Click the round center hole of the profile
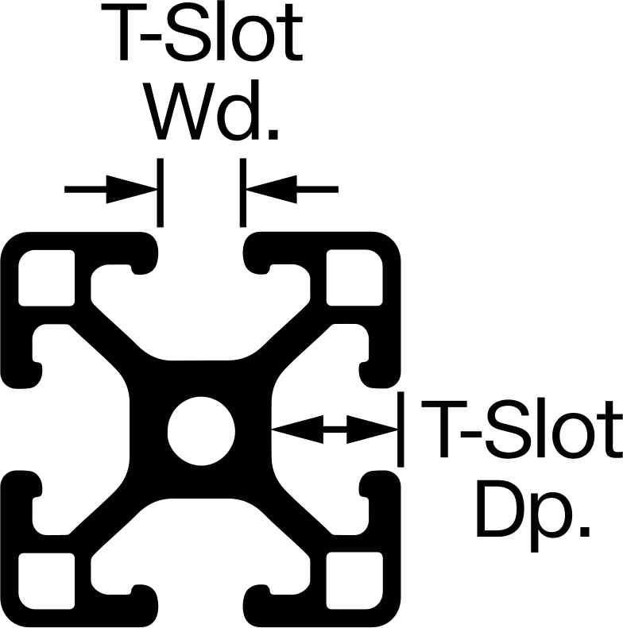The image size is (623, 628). pyautogui.click(x=201, y=431)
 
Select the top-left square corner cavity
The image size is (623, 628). pyautogui.click(x=47, y=278)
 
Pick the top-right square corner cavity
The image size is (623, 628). pyautogui.click(x=354, y=278)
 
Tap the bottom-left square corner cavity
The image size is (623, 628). pyautogui.click(x=47, y=580)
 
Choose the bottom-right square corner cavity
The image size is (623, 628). pyautogui.click(x=354, y=580)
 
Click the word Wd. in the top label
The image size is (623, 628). pyautogui.click(x=211, y=110)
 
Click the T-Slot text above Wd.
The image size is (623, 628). pyautogui.click(x=202, y=32)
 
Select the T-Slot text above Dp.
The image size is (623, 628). pyautogui.click(x=522, y=428)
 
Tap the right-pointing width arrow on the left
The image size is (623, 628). pyautogui.click(x=110, y=190)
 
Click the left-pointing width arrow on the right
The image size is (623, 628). pyautogui.click(x=292, y=190)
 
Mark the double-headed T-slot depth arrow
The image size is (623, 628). pyautogui.click(x=335, y=430)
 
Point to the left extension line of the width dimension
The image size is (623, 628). pyautogui.click(x=161, y=193)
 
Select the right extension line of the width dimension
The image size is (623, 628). pyautogui.click(x=243, y=193)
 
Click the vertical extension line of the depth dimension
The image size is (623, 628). pyautogui.click(x=400, y=430)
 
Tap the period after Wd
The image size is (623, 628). pyautogui.click(x=273, y=134)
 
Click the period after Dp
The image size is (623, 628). pyautogui.click(x=586, y=531)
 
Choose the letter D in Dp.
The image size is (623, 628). pyautogui.click(x=500, y=510)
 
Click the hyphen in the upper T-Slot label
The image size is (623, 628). pyautogui.click(x=151, y=37)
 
